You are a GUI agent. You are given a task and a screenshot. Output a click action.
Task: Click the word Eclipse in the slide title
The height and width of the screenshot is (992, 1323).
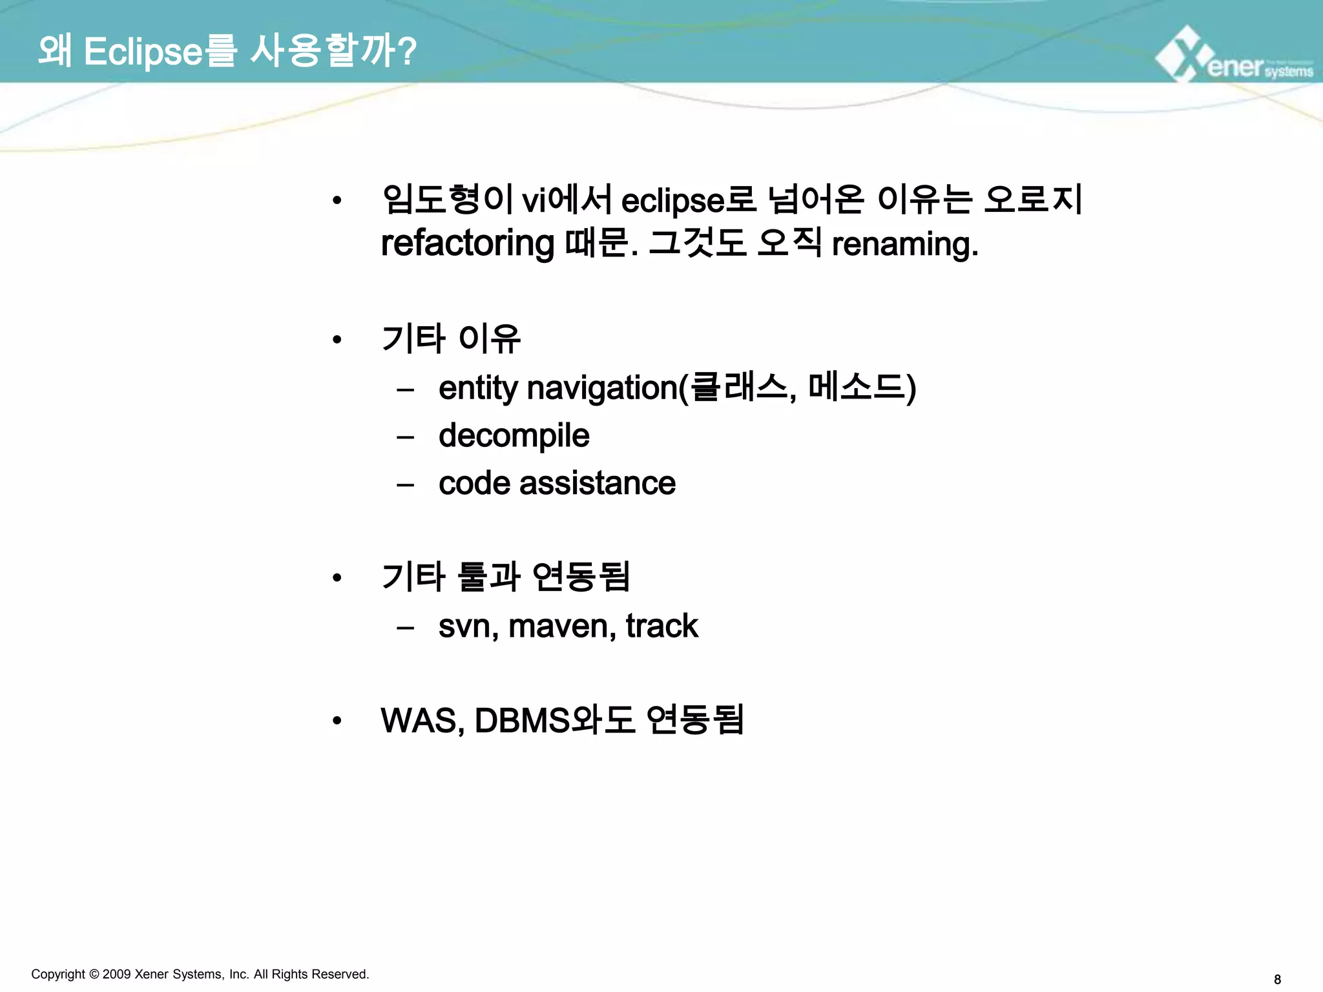(x=143, y=52)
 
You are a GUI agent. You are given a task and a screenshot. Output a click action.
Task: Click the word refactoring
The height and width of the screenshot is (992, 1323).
(x=467, y=244)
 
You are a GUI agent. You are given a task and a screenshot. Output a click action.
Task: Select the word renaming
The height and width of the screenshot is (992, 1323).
(x=904, y=244)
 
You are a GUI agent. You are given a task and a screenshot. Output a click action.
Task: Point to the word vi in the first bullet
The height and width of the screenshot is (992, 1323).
(x=534, y=200)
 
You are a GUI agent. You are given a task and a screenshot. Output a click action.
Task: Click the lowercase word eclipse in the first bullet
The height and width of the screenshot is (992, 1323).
(x=672, y=200)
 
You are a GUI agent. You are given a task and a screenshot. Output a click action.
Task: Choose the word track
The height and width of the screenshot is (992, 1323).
(x=661, y=626)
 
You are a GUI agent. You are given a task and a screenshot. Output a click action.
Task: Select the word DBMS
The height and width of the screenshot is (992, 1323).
(x=523, y=721)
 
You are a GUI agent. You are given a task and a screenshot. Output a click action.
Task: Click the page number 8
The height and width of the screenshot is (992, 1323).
(x=1277, y=980)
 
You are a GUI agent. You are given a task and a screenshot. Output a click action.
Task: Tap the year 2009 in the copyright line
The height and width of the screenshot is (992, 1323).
(x=116, y=974)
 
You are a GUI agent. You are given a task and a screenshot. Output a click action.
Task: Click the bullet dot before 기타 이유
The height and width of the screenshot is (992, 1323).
(x=337, y=340)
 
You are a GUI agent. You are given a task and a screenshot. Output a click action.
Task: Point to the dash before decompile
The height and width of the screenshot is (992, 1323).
(x=405, y=437)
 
